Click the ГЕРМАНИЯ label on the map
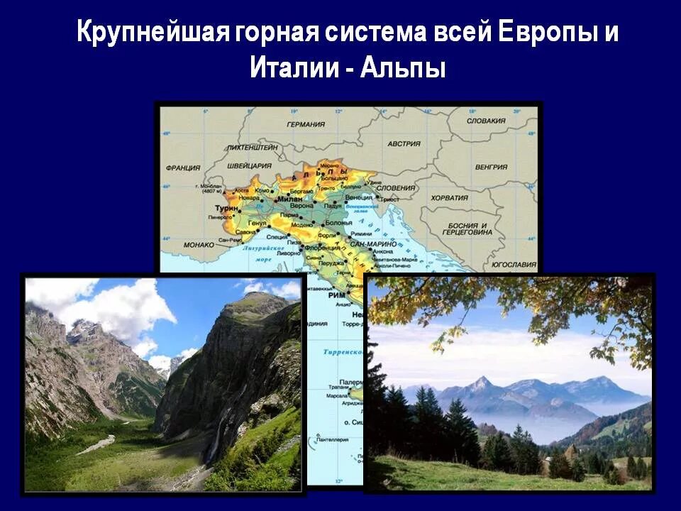(x=306, y=124)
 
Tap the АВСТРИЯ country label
(x=404, y=143)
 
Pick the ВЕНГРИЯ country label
(x=491, y=167)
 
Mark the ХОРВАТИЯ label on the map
(x=449, y=198)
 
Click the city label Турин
(x=223, y=210)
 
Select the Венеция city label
(x=358, y=197)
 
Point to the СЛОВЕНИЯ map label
(x=397, y=187)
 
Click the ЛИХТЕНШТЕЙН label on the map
(x=251, y=148)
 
